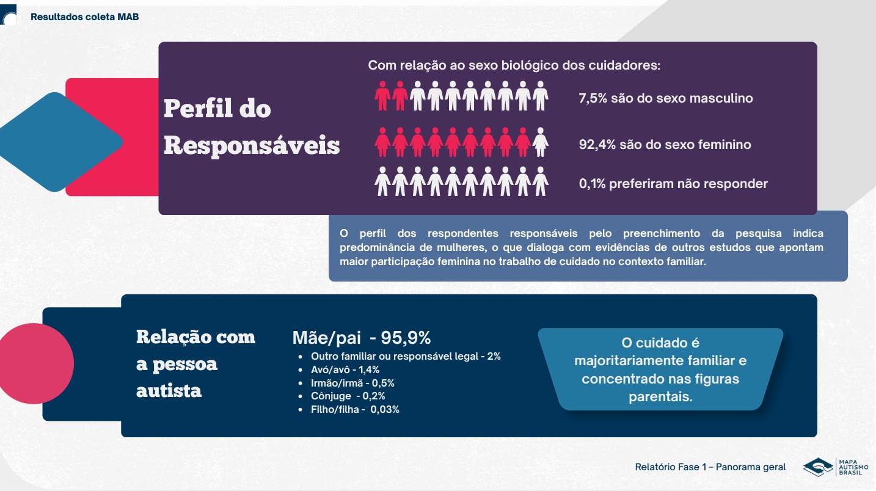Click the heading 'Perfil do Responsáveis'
click(x=251, y=128)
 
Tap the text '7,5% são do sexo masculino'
click(x=665, y=98)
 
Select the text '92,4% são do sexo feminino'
click(x=665, y=145)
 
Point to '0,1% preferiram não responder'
click(x=673, y=184)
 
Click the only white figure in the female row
click(x=540, y=142)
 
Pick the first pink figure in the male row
click(x=382, y=96)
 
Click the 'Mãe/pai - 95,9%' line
click(x=362, y=338)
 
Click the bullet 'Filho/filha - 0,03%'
click(x=355, y=410)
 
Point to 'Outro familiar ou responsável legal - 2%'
click(x=406, y=357)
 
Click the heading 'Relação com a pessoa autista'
click(x=195, y=363)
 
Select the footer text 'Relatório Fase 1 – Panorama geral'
click(x=710, y=468)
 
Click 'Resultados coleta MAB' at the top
click(x=85, y=17)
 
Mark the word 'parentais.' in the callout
click(x=660, y=397)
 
